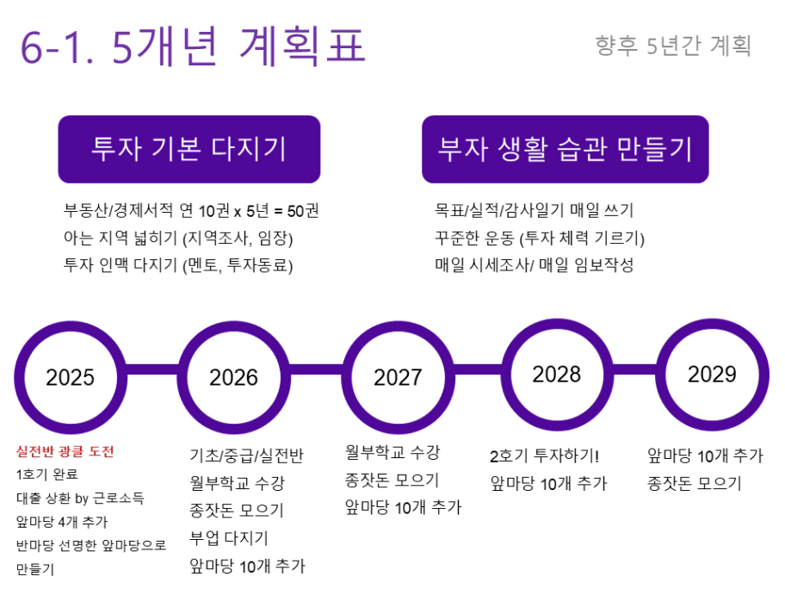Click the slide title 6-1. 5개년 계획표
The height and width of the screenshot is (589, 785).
193,46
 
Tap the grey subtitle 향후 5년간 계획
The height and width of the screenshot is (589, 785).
673,46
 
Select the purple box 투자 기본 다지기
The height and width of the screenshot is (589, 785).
189,149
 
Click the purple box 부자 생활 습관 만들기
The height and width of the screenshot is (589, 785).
566,149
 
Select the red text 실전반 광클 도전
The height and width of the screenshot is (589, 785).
65,451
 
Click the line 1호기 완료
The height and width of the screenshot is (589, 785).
47,474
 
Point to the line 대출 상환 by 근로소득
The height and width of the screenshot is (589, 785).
80,498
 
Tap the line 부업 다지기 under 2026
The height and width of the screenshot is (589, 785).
229,538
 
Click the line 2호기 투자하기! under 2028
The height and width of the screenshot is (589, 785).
545,456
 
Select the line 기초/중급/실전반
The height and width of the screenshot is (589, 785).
246,456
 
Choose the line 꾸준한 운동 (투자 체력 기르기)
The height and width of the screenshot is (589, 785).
540,238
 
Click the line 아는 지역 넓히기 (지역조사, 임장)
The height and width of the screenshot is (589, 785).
178,238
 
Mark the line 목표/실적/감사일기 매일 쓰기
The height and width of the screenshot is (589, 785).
535,210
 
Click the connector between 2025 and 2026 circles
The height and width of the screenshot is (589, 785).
152,369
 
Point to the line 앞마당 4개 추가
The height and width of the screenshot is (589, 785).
62,522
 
